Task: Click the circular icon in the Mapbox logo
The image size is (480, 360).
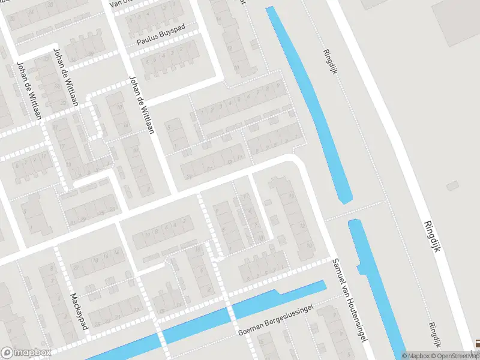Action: (x=8, y=352)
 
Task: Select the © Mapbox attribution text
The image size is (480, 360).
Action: (x=416, y=356)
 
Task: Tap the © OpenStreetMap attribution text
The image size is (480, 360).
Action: (x=455, y=356)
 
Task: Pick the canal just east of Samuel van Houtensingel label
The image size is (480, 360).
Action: (x=375, y=282)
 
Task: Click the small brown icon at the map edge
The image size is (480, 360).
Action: (x=476, y=344)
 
